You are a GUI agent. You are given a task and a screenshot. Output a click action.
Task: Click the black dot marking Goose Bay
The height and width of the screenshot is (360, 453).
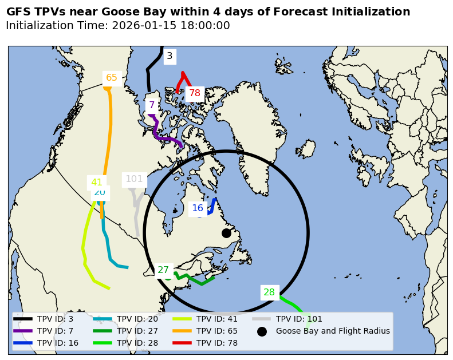coord(226,233)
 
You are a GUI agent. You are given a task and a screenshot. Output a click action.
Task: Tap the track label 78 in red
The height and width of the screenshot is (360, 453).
coord(195,93)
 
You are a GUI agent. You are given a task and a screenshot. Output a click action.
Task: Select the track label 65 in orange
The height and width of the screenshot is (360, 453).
coord(112,78)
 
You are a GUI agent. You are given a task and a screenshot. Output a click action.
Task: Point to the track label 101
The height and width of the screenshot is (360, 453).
coord(134,179)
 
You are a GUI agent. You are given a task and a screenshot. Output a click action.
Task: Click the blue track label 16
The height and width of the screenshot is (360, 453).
coord(198,208)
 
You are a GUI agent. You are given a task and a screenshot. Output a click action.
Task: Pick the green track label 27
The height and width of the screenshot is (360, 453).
coord(163,270)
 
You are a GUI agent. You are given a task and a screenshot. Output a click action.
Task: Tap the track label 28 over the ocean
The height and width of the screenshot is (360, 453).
coord(269,292)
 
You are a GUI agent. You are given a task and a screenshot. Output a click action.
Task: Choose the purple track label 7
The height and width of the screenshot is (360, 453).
coord(152,105)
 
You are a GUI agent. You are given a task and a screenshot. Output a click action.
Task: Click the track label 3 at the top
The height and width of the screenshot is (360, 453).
coord(170,56)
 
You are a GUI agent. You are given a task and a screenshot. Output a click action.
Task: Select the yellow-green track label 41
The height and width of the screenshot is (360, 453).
coord(97,183)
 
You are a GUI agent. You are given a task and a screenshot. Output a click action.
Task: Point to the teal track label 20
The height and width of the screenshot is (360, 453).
coord(100,193)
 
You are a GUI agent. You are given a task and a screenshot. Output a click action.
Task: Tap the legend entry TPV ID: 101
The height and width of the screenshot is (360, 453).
coord(299,319)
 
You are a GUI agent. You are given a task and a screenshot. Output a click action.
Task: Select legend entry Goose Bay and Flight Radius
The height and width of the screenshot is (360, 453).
coord(332,331)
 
